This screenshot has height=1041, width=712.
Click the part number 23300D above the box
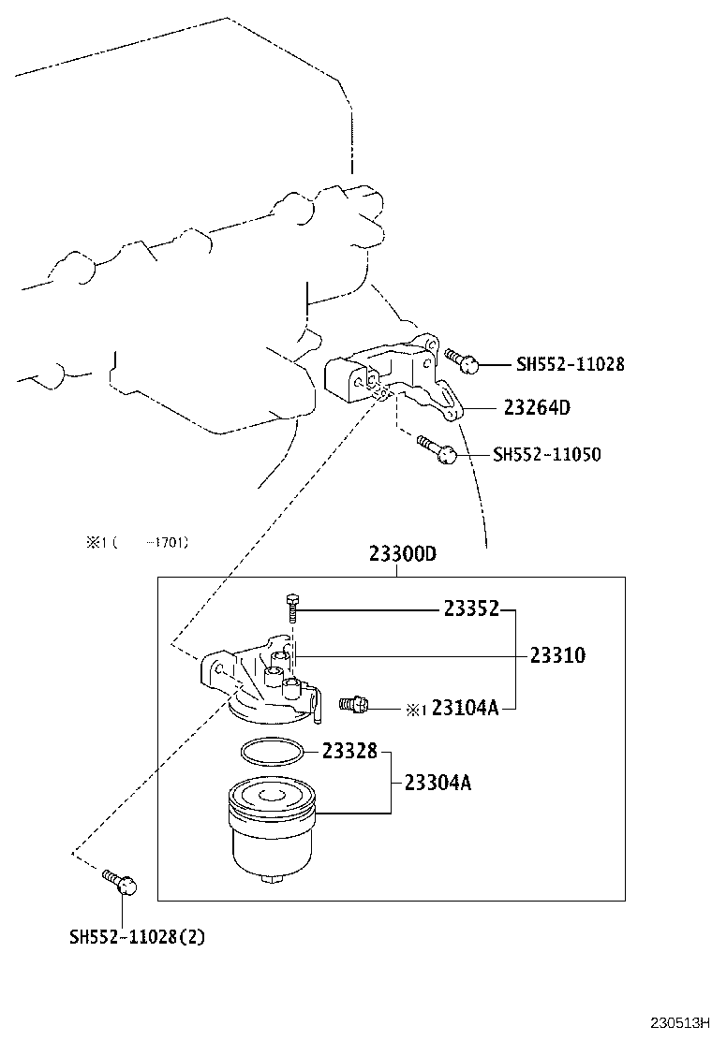[x=403, y=554]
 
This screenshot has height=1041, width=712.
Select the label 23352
[x=471, y=609]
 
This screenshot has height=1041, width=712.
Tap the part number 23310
[x=557, y=655]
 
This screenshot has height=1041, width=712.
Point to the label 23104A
[x=465, y=709]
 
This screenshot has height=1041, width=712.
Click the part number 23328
[x=349, y=751]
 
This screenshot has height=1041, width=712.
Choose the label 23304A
[x=438, y=783]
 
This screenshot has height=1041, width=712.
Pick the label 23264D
[x=537, y=408]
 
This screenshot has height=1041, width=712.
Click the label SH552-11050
[x=547, y=455]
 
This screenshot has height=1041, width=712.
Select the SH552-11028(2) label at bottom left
[x=137, y=936]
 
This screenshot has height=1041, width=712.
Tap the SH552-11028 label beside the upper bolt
[x=570, y=364]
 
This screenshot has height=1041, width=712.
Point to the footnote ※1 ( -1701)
[x=138, y=542]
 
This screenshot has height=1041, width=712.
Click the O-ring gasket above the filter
[x=272, y=750]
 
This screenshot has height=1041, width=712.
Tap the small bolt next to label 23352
[x=292, y=608]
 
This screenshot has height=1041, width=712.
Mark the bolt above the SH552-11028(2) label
[x=119, y=880]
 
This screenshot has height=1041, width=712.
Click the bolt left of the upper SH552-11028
[x=463, y=359]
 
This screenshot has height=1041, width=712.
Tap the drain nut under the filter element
[x=273, y=879]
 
